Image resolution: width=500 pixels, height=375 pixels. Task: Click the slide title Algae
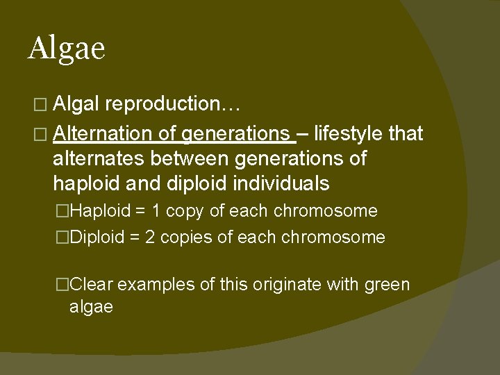click(67, 49)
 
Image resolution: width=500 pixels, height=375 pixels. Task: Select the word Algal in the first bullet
click(78, 104)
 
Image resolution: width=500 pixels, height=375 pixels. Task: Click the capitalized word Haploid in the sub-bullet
click(100, 211)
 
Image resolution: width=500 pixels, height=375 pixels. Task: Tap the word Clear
click(94, 284)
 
